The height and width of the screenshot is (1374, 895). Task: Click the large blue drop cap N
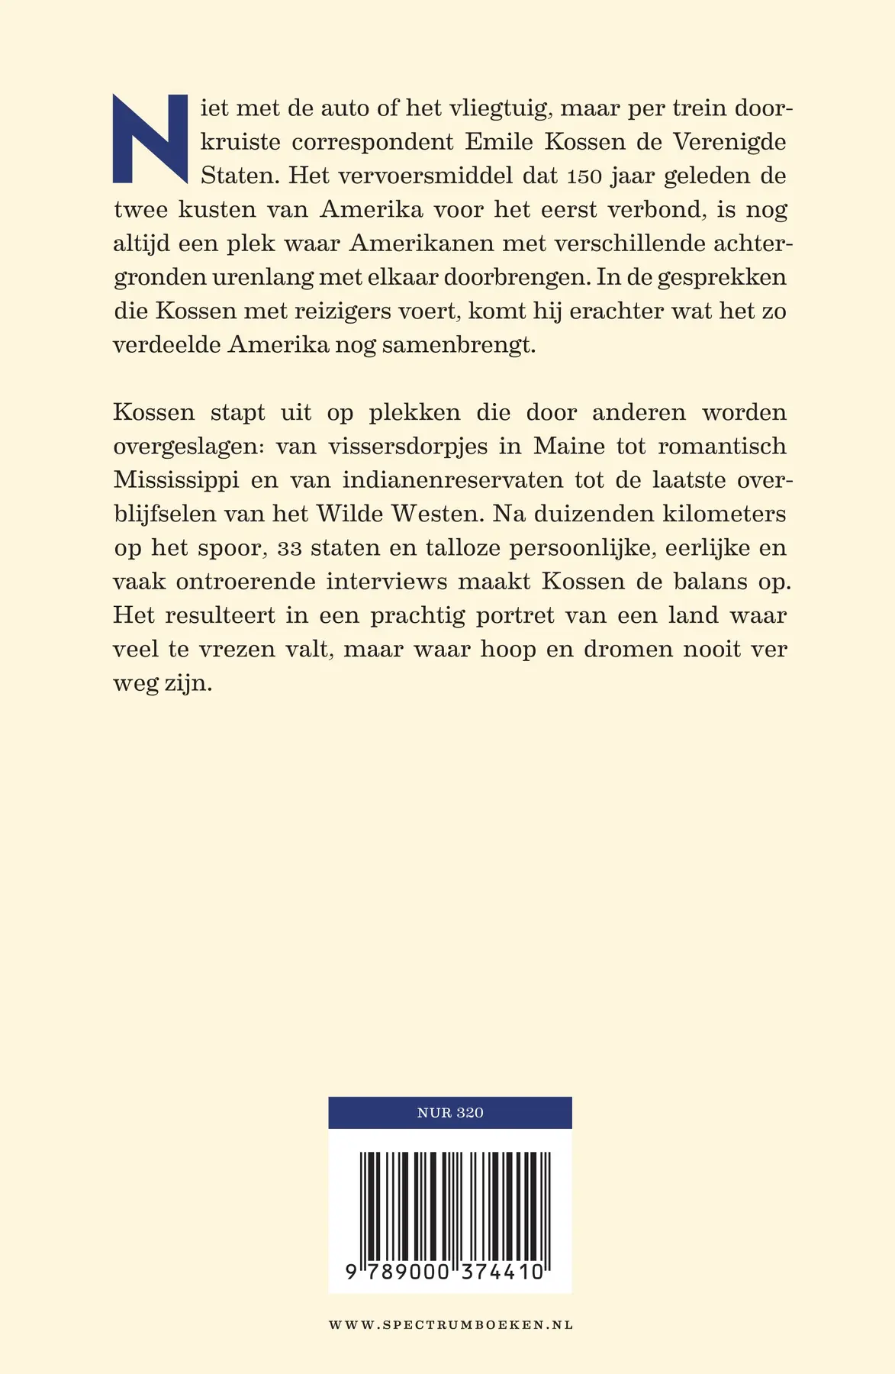150,138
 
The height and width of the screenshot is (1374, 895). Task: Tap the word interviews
387,582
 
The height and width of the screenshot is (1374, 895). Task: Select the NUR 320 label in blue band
450,1113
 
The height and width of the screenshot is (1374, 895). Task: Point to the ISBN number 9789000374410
444,1272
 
